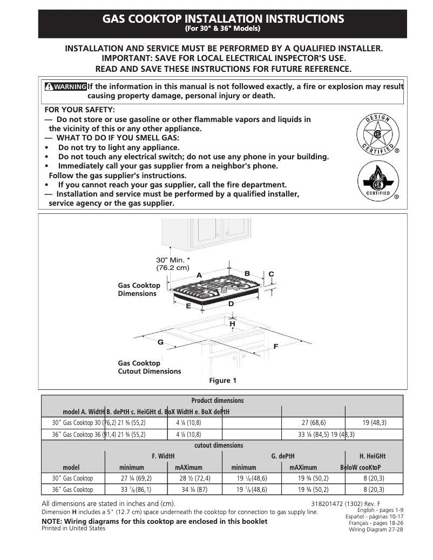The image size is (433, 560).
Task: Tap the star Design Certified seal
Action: coord(376,134)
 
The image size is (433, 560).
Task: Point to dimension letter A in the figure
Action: coord(199,275)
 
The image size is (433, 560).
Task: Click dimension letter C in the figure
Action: coord(272,274)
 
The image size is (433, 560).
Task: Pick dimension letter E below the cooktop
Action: coord(188,306)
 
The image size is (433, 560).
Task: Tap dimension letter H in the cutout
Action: coord(233,323)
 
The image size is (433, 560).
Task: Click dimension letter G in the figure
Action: coord(160,342)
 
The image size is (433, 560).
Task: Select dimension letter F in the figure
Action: coord(276,346)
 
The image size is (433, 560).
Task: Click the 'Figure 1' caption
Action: coord(222,381)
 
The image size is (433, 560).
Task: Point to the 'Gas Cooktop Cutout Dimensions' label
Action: coord(150,367)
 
